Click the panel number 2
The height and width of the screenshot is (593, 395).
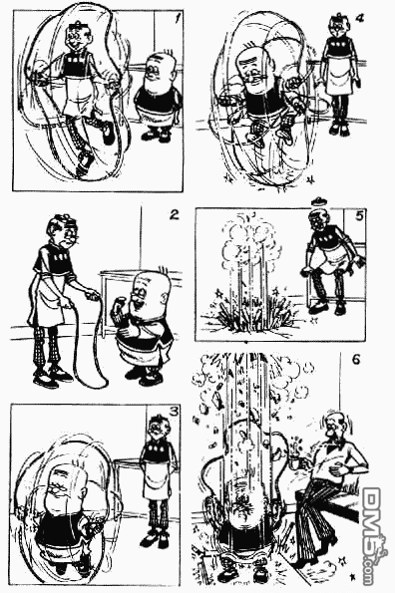click(x=174, y=215)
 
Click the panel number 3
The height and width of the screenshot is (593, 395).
click(x=174, y=411)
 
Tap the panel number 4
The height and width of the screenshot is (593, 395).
click(x=359, y=17)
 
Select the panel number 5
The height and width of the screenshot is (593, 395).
click(x=359, y=215)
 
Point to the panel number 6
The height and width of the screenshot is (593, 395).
click(x=356, y=359)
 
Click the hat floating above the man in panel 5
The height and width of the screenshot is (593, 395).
click(x=319, y=200)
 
